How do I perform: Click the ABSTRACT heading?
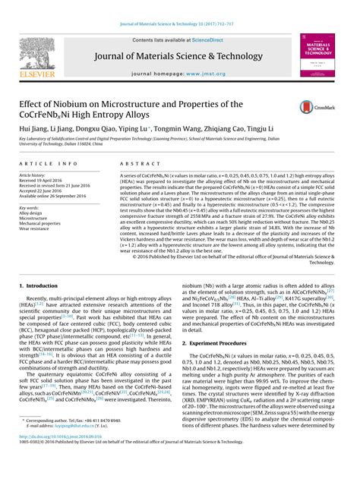coord(134,164)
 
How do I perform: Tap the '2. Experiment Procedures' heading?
coord(223,343)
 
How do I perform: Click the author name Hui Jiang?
coord(36,129)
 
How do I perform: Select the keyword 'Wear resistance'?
coord(39,228)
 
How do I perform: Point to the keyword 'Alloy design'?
coord(34,213)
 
